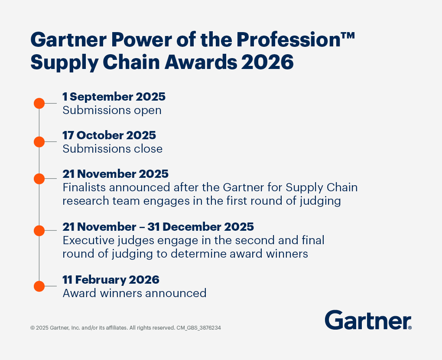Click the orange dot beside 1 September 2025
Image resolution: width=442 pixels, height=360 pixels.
click(x=39, y=103)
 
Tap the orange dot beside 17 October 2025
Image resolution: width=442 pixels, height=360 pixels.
click(x=39, y=142)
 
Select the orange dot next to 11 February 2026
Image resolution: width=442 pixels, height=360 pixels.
click(x=39, y=286)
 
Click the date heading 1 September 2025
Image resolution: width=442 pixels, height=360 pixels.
click(x=114, y=97)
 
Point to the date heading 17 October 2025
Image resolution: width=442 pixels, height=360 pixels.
click(x=109, y=135)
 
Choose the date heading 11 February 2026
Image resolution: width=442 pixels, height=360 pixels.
click(x=111, y=280)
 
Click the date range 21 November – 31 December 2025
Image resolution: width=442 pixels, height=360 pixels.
click(x=158, y=227)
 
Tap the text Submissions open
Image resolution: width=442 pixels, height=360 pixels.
click(x=112, y=110)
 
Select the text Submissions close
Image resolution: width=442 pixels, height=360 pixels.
click(x=113, y=149)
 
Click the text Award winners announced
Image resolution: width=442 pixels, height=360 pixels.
click(x=134, y=293)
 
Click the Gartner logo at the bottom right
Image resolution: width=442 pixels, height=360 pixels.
click(x=368, y=320)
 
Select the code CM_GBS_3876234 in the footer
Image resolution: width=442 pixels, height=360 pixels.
click(x=198, y=328)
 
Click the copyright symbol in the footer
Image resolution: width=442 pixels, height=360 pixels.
click(x=32, y=328)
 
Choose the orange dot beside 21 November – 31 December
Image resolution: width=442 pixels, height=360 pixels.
click(x=39, y=231)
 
